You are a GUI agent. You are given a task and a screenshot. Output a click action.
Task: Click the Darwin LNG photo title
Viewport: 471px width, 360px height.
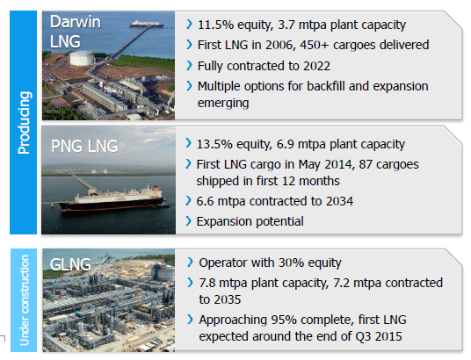[76, 32]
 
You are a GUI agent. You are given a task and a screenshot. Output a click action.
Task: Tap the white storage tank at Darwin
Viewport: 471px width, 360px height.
[81, 58]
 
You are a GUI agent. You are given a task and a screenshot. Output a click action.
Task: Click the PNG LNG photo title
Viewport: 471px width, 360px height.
[84, 147]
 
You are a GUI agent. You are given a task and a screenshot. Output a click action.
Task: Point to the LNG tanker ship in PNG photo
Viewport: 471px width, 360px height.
[112, 198]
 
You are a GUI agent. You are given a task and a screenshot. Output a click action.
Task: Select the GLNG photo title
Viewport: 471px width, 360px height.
[70, 264]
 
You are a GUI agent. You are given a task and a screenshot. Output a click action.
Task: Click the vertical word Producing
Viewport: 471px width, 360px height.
[24, 123]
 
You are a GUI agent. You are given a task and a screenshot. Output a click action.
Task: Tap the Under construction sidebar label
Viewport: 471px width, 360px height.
[24, 300]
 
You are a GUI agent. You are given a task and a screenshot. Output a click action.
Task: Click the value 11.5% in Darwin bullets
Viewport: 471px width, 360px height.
[215, 25]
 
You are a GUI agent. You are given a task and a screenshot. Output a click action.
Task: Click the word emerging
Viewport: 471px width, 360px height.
[223, 103]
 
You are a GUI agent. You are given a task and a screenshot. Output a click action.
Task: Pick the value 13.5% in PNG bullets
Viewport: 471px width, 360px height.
[214, 144]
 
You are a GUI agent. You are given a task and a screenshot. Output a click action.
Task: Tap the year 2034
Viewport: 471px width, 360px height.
[340, 201]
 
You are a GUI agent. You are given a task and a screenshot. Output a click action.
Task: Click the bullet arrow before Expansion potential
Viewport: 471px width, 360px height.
[188, 221]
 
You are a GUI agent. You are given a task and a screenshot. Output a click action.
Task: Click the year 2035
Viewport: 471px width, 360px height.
[228, 299]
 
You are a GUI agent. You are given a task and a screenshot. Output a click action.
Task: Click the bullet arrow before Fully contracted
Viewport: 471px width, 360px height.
[189, 66]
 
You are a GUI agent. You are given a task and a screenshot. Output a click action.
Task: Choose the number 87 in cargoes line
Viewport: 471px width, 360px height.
[366, 164]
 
